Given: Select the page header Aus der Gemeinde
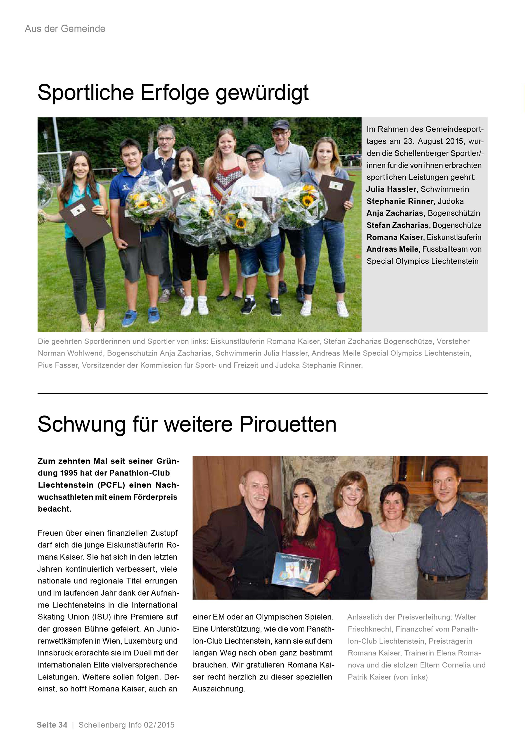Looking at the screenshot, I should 65,29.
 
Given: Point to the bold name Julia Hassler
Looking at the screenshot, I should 392,189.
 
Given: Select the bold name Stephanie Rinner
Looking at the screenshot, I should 400,201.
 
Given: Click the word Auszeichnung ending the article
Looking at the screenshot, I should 218,689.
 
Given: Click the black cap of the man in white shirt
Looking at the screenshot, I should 253,151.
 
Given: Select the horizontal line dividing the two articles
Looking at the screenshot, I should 262,394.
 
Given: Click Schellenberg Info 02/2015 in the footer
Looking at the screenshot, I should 126,725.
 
